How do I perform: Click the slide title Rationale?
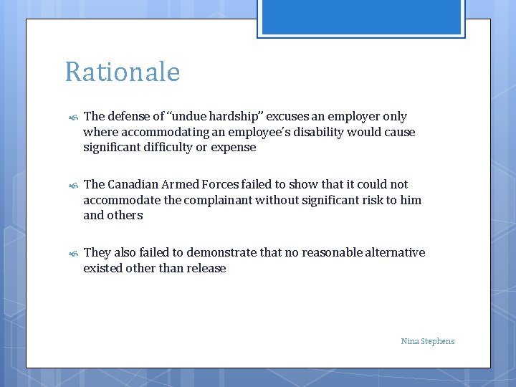(x=122, y=72)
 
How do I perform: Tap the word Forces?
(x=229, y=184)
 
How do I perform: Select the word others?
(x=125, y=216)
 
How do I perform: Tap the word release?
(x=206, y=268)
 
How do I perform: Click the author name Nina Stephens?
(x=428, y=341)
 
